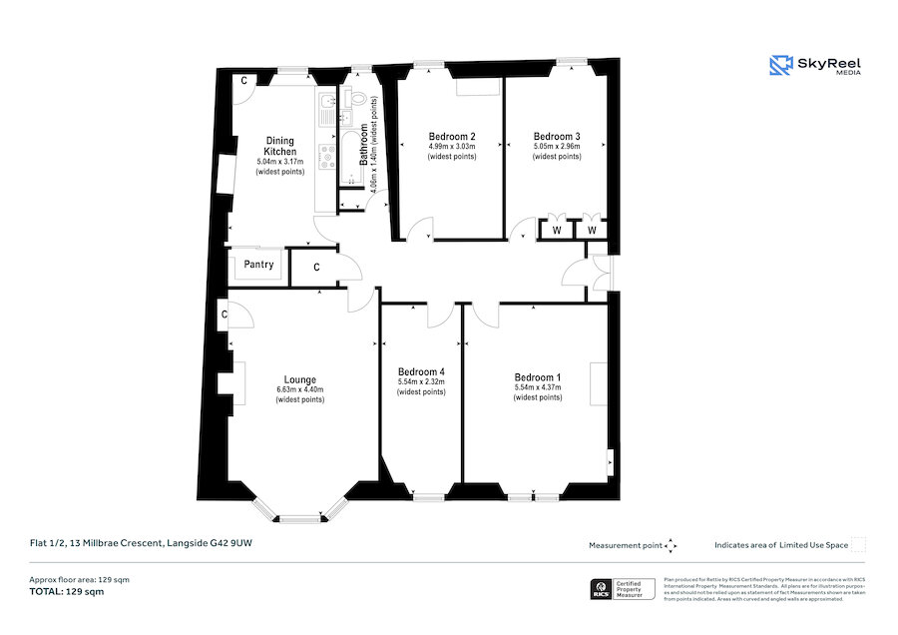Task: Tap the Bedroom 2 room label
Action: [x=452, y=136]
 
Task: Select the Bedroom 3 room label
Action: [x=557, y=136]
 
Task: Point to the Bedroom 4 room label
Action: [x=421, y=370]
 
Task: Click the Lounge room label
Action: [x=300, y=379]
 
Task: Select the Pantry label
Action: [x=258, y=266]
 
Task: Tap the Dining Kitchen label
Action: [x=279, y=146]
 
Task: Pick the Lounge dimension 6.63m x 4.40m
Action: [x=300, y=389]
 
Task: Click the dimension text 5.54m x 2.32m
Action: [x=421, y=381]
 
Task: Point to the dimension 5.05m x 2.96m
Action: [x=557, y=147]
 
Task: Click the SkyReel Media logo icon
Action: [x=780, y=66]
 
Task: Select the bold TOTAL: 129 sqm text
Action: [x=66, y=592]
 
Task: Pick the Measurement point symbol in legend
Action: [x=671, y=545]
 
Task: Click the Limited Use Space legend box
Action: [x=857, y=544]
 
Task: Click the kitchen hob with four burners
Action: [x=326, y=155]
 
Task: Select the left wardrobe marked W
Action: [x=556, y=231]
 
